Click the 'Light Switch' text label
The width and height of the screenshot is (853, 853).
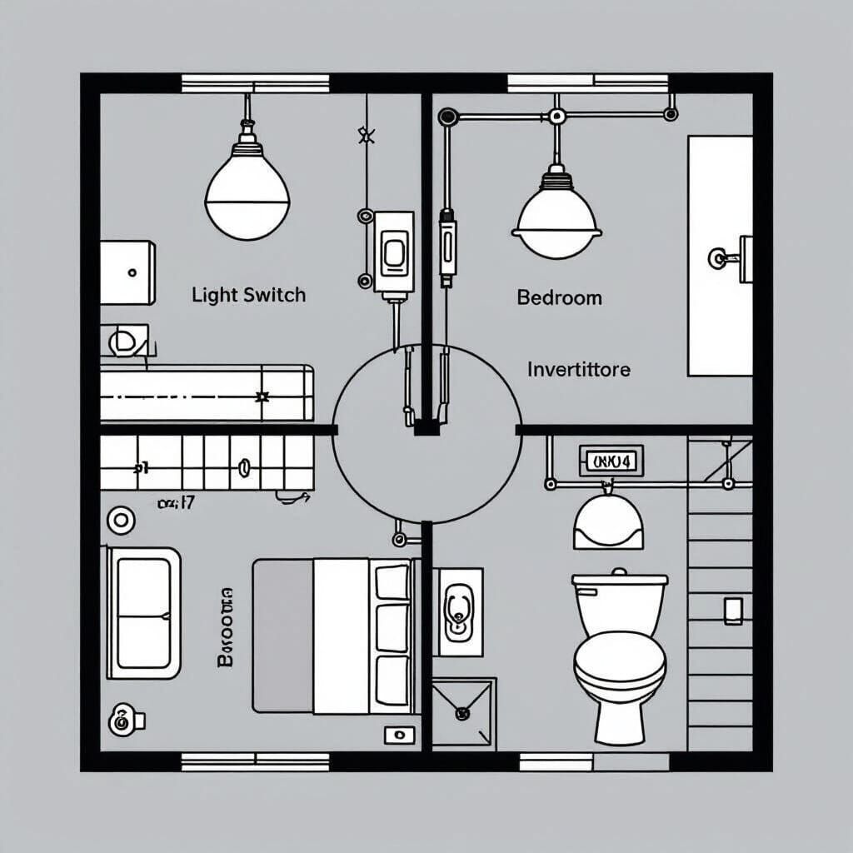(248, 295)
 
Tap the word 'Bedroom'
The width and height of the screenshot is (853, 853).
(559, 297)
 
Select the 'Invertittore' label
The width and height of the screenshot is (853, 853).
(578, 369)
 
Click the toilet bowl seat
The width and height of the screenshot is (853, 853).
(620, 666)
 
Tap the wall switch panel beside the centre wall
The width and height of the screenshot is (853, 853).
(393, 252)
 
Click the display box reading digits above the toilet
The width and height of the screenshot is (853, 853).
(611, 460)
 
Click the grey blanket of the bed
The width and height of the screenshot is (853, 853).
(283, 636)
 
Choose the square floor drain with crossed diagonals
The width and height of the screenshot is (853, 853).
(463, 713)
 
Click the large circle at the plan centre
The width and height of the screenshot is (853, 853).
(426, 433)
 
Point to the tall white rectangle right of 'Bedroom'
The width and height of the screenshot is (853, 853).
(720, 256)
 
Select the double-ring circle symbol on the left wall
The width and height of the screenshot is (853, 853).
(121, 521)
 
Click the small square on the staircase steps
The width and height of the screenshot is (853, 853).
(733, 611)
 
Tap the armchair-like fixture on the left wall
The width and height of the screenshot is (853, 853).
(143, 612)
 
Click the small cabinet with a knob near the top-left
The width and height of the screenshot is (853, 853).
(127, 272)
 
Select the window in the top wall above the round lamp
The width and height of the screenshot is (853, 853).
(255, 83)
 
